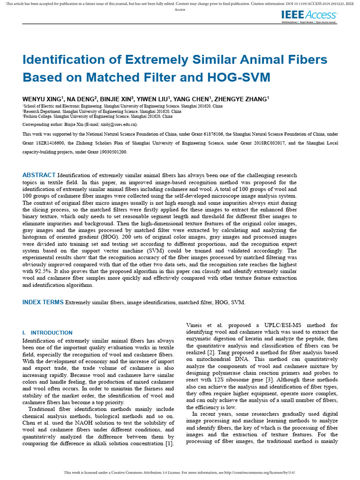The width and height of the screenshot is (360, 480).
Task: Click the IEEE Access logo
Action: click(308, 17)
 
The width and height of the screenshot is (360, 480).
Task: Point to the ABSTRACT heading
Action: click(39, 175)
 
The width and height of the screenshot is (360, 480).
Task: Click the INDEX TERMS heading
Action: click(43, 302)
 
